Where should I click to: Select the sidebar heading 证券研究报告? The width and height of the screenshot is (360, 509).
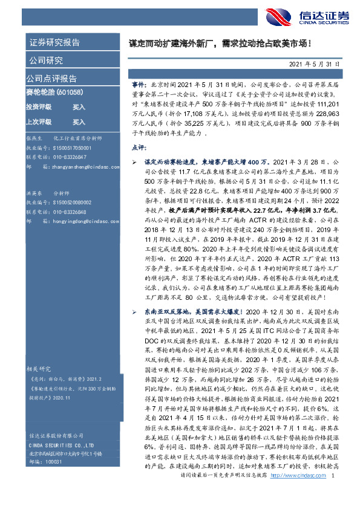(54, 42)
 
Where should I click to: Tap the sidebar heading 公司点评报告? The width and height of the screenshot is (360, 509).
(51, 79)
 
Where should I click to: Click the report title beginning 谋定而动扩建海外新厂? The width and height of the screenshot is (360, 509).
(220, 44)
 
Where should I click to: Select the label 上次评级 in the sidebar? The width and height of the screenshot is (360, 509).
(38, 122)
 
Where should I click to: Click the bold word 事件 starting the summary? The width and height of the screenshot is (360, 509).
(137, 86)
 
